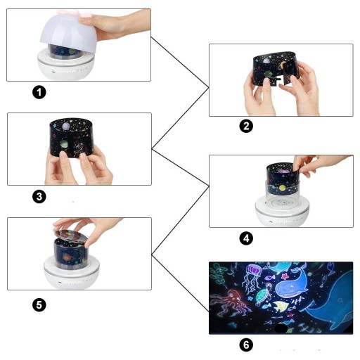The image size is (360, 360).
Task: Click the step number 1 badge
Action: point(39,92)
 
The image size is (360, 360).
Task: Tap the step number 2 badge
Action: point(246,126)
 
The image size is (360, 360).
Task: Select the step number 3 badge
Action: point(39,196)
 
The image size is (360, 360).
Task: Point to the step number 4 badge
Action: point(246,238)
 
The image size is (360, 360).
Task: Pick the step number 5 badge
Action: point(39,304)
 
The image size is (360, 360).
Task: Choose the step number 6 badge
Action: point(246,345)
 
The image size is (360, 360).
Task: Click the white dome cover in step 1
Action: point(68,32)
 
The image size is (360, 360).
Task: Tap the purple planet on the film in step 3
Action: point(66,127)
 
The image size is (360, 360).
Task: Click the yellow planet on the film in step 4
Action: point(282,188)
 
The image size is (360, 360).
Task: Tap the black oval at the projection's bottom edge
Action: point(281,328)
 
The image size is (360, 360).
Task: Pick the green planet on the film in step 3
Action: point(63,143)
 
